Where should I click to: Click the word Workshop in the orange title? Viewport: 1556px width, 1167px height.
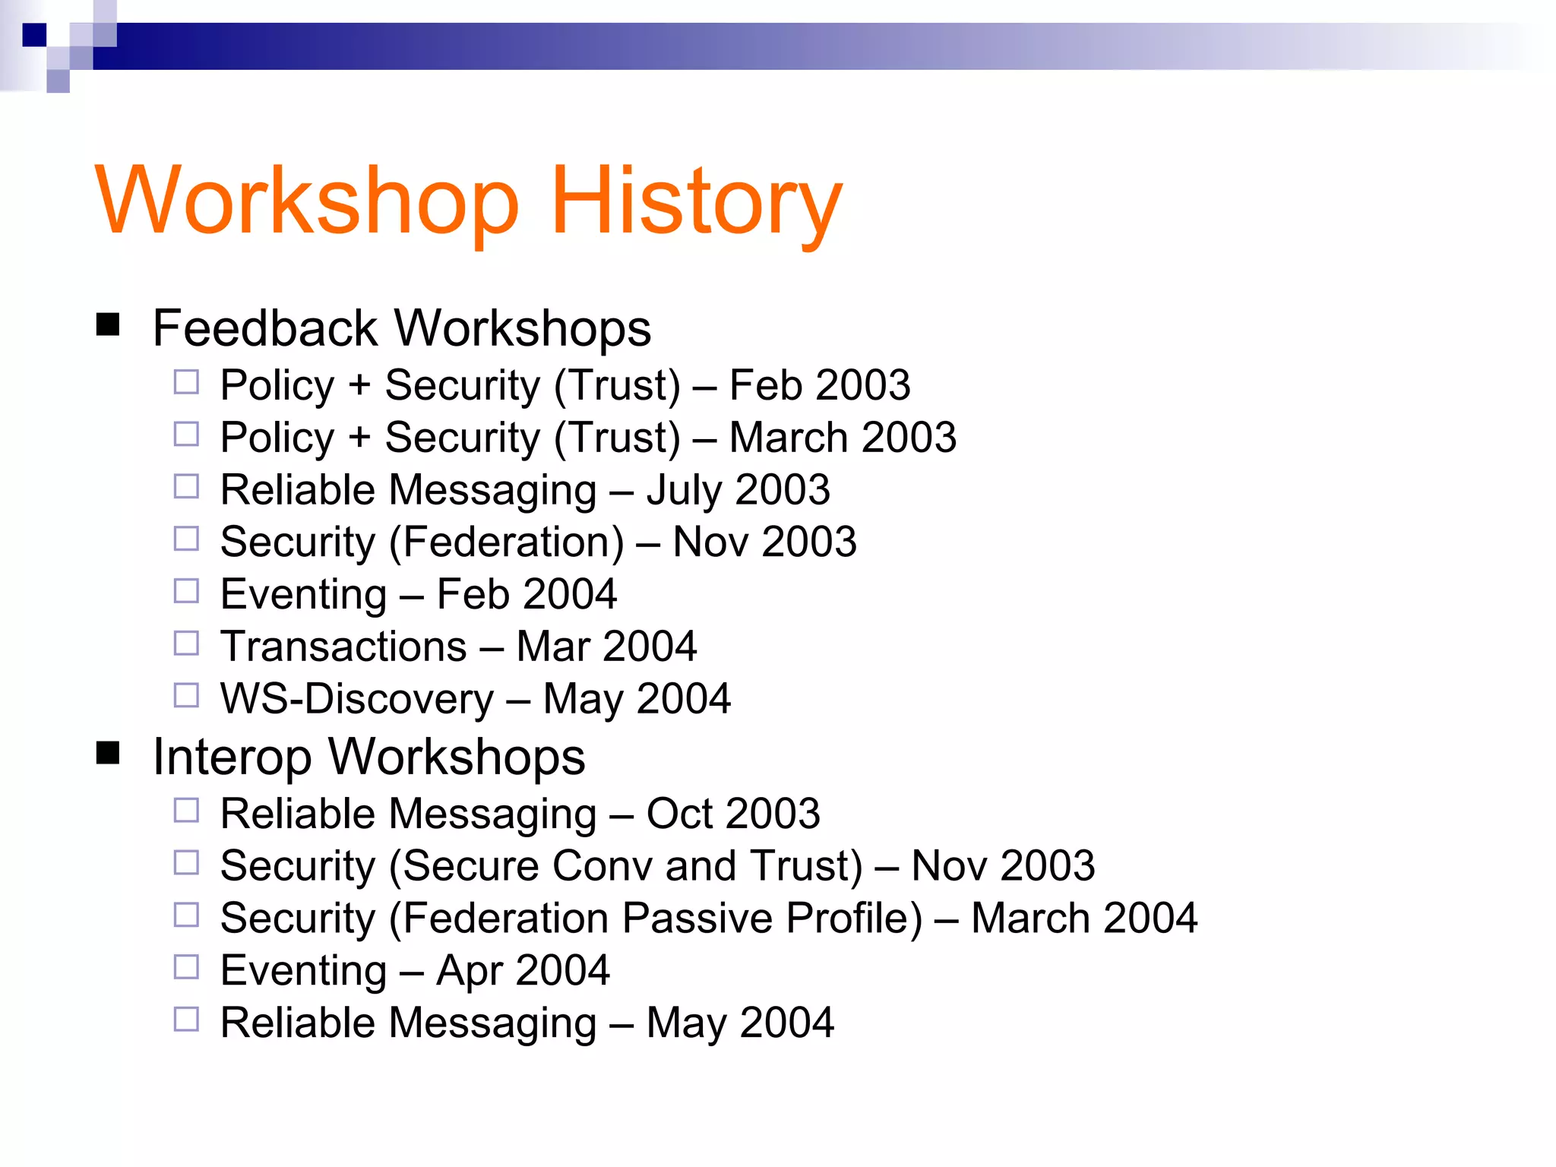coord(307,202)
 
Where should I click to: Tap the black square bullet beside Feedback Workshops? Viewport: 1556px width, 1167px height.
coord(108,325)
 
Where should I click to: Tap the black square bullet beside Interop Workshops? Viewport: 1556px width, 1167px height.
coord(108,754)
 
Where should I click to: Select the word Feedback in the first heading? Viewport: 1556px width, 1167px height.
coord(264,328)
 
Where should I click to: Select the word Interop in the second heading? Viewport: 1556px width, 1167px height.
coord(232,757)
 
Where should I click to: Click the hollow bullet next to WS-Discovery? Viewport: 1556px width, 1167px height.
coord(186,695)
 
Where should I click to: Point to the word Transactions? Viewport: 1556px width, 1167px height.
coord(343,647)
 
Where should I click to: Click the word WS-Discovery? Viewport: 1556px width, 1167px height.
coord(357,699)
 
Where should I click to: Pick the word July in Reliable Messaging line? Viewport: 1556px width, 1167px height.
coord(683,490)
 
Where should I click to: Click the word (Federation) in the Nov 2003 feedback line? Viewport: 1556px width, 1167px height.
coord(506,542)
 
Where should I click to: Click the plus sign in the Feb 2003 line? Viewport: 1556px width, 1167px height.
coord(359,385)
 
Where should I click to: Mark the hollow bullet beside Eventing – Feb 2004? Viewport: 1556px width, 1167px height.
coord(186,591)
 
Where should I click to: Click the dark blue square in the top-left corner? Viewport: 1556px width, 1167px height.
coord(34,35)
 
